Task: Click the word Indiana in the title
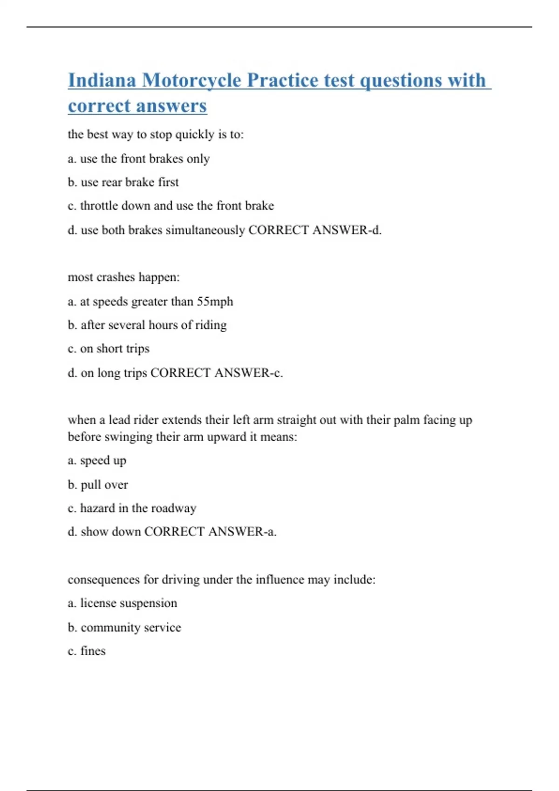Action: point(102,80)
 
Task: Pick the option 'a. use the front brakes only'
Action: point(138,159)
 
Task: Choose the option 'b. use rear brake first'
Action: point(123,182)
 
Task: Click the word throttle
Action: point(99,206)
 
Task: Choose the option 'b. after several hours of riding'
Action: point(147,325)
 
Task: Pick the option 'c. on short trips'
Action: point(109,349)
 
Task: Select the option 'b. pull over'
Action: point(97,485)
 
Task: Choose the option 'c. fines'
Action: point(87,651)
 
